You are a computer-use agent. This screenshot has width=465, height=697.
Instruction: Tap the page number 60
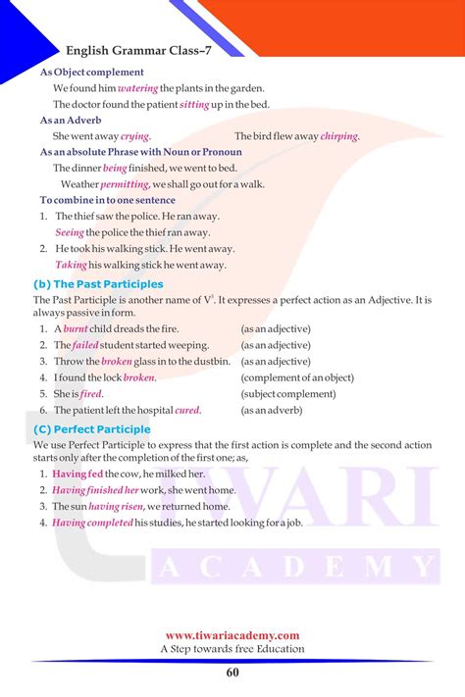tap(232, 672)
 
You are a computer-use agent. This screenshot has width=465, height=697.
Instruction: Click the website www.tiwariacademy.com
tap(232, 635)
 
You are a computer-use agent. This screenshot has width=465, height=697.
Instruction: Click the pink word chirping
tap(339, 136)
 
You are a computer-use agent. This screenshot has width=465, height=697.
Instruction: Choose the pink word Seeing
tap(70, 232)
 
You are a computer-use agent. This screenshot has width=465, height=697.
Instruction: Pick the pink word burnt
tap(77, 329)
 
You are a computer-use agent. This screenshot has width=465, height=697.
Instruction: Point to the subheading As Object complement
tap(91, 72)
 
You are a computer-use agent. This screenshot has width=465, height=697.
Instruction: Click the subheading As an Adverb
tap(71, 121)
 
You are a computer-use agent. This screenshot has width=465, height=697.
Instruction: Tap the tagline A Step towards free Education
tap(232, 649)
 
